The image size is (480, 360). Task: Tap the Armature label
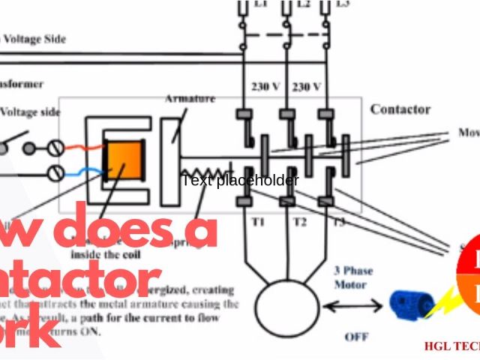pyautogui.click(x=190, y=99)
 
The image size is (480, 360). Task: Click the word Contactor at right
pyautogui.click(x=400, y=109)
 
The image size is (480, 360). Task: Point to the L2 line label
pyautogui.click(x=303, y=4)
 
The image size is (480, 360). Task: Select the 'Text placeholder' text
pyautogui.click(x=240, y=180)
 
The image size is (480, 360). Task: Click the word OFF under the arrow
pyautogui.click(x=356, y=337)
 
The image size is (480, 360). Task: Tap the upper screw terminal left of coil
pyautogui.click(x=55, y=147)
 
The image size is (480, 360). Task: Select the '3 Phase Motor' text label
pyautogui.click(x=352, y=278)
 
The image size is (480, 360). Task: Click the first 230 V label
pyautogui.click(x=265, y=87)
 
